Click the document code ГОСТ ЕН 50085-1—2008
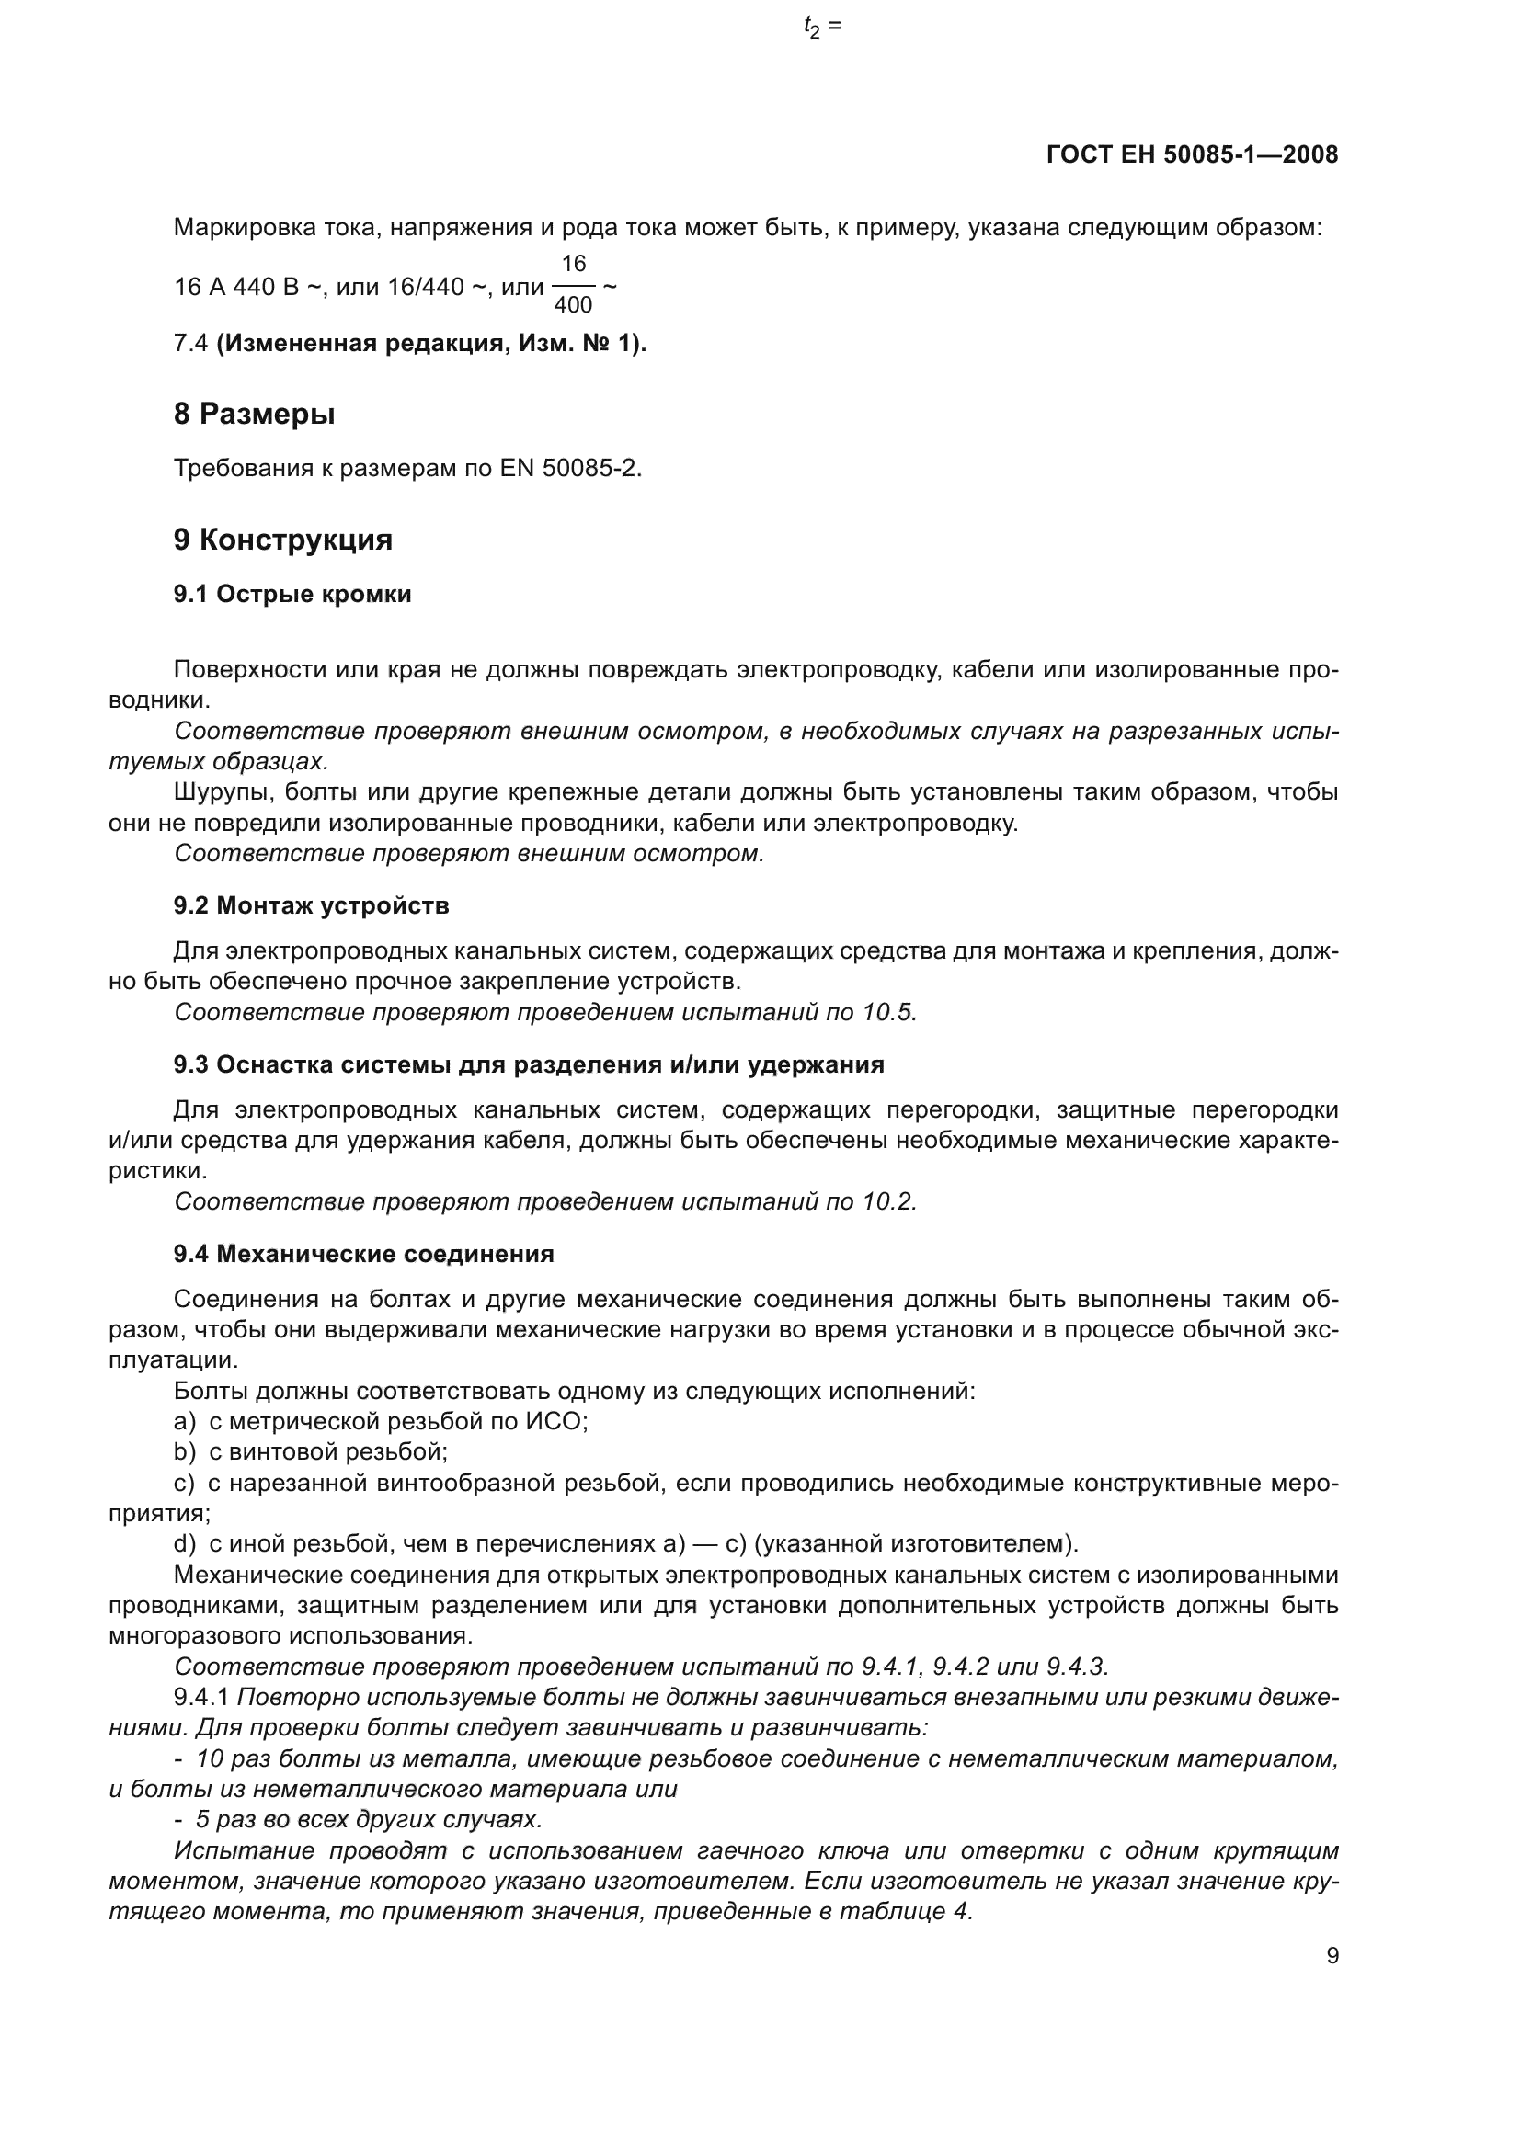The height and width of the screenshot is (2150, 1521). coord(1191,154)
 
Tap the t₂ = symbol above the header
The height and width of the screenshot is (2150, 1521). coord(822,28)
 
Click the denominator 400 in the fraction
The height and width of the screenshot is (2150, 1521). coord(573,305)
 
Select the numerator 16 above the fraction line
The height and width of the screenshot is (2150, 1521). coord(573,264)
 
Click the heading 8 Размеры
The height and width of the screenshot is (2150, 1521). coord(254,413)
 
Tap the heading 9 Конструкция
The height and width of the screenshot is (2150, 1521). coord(283,540)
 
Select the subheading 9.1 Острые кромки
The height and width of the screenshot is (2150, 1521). coord(292,595)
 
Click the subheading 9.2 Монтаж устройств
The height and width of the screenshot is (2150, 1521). coord(311,905)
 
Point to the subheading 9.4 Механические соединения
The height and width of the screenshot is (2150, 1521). coord(363,1254)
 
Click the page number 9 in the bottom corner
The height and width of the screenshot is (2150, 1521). coord(1332,1956)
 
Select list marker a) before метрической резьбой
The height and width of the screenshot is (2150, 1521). coord(185,1421)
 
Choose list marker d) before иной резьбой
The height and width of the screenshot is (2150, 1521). coord(185,1543)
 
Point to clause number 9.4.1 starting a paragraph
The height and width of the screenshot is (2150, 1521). coord(201,1697)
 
